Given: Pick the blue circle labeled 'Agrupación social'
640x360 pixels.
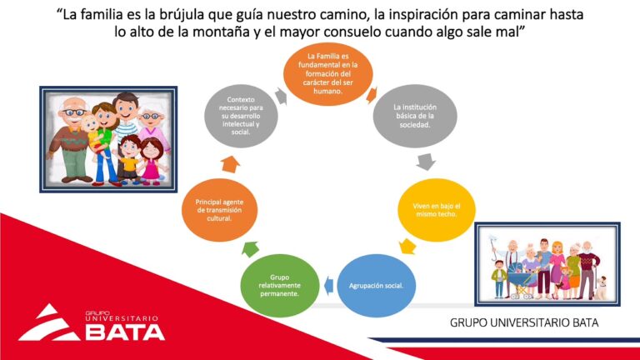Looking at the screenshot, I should [376, 285].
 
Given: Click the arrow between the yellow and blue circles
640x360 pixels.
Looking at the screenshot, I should [407, 247].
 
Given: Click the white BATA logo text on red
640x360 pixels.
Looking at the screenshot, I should [125, 331].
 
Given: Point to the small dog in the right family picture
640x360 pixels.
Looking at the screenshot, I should [602, 285].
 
